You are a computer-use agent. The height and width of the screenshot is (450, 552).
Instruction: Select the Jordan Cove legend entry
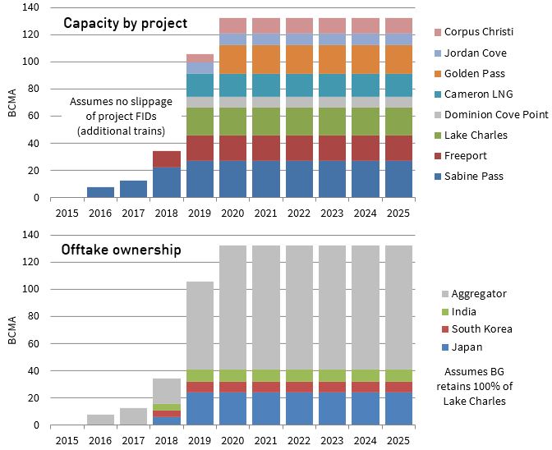coord(476,53)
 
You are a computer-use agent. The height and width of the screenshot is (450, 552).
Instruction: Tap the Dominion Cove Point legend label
coord(496,114)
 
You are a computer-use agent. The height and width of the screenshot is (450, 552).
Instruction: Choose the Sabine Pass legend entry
coord(472,176)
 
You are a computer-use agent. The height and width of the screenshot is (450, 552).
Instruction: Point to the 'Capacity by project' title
coord(126,23)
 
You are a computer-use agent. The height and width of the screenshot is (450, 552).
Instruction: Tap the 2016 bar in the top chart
coord(100,192)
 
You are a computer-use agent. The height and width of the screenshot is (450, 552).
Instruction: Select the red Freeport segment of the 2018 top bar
coord(167,159)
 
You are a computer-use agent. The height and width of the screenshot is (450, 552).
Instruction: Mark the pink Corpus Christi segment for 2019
coord(200,58)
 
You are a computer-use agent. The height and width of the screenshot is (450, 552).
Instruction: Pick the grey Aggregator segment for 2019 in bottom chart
coord(200,325)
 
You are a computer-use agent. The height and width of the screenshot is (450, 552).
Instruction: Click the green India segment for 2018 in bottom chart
coord(167,407)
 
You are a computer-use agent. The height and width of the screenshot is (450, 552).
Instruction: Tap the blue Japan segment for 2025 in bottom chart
coord(398,409)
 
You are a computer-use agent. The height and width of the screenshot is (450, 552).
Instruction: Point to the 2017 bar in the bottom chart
coord(134,417)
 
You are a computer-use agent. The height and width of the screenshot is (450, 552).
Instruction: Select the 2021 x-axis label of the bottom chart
coord(266,440)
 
